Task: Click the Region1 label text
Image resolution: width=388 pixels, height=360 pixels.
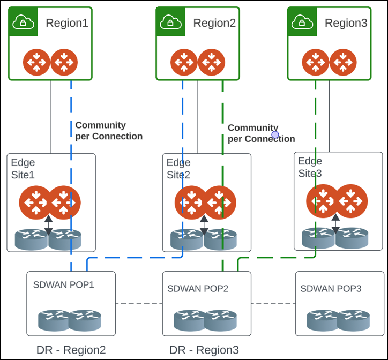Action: click(x=66, y=23)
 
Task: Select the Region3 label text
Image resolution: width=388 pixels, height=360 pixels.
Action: click(x=346, y=23)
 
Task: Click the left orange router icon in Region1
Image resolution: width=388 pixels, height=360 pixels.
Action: click(x=36, y=62)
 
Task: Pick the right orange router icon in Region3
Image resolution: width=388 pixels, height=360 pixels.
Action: click(x=344, y=62)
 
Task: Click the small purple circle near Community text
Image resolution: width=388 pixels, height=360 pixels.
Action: click(x=275, y=134)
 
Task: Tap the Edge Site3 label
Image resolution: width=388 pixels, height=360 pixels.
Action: click(x=310, y=167)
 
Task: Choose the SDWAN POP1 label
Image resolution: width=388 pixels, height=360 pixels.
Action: click(x=63, y=284)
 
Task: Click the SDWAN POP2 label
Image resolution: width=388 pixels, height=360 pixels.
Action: click(x=198, y=288)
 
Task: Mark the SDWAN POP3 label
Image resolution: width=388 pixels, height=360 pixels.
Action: click(x=331, y=288)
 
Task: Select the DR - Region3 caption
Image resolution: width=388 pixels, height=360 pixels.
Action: click(x=204, y=350)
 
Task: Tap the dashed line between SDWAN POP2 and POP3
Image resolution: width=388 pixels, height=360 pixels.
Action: click(x=273, y=304)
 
